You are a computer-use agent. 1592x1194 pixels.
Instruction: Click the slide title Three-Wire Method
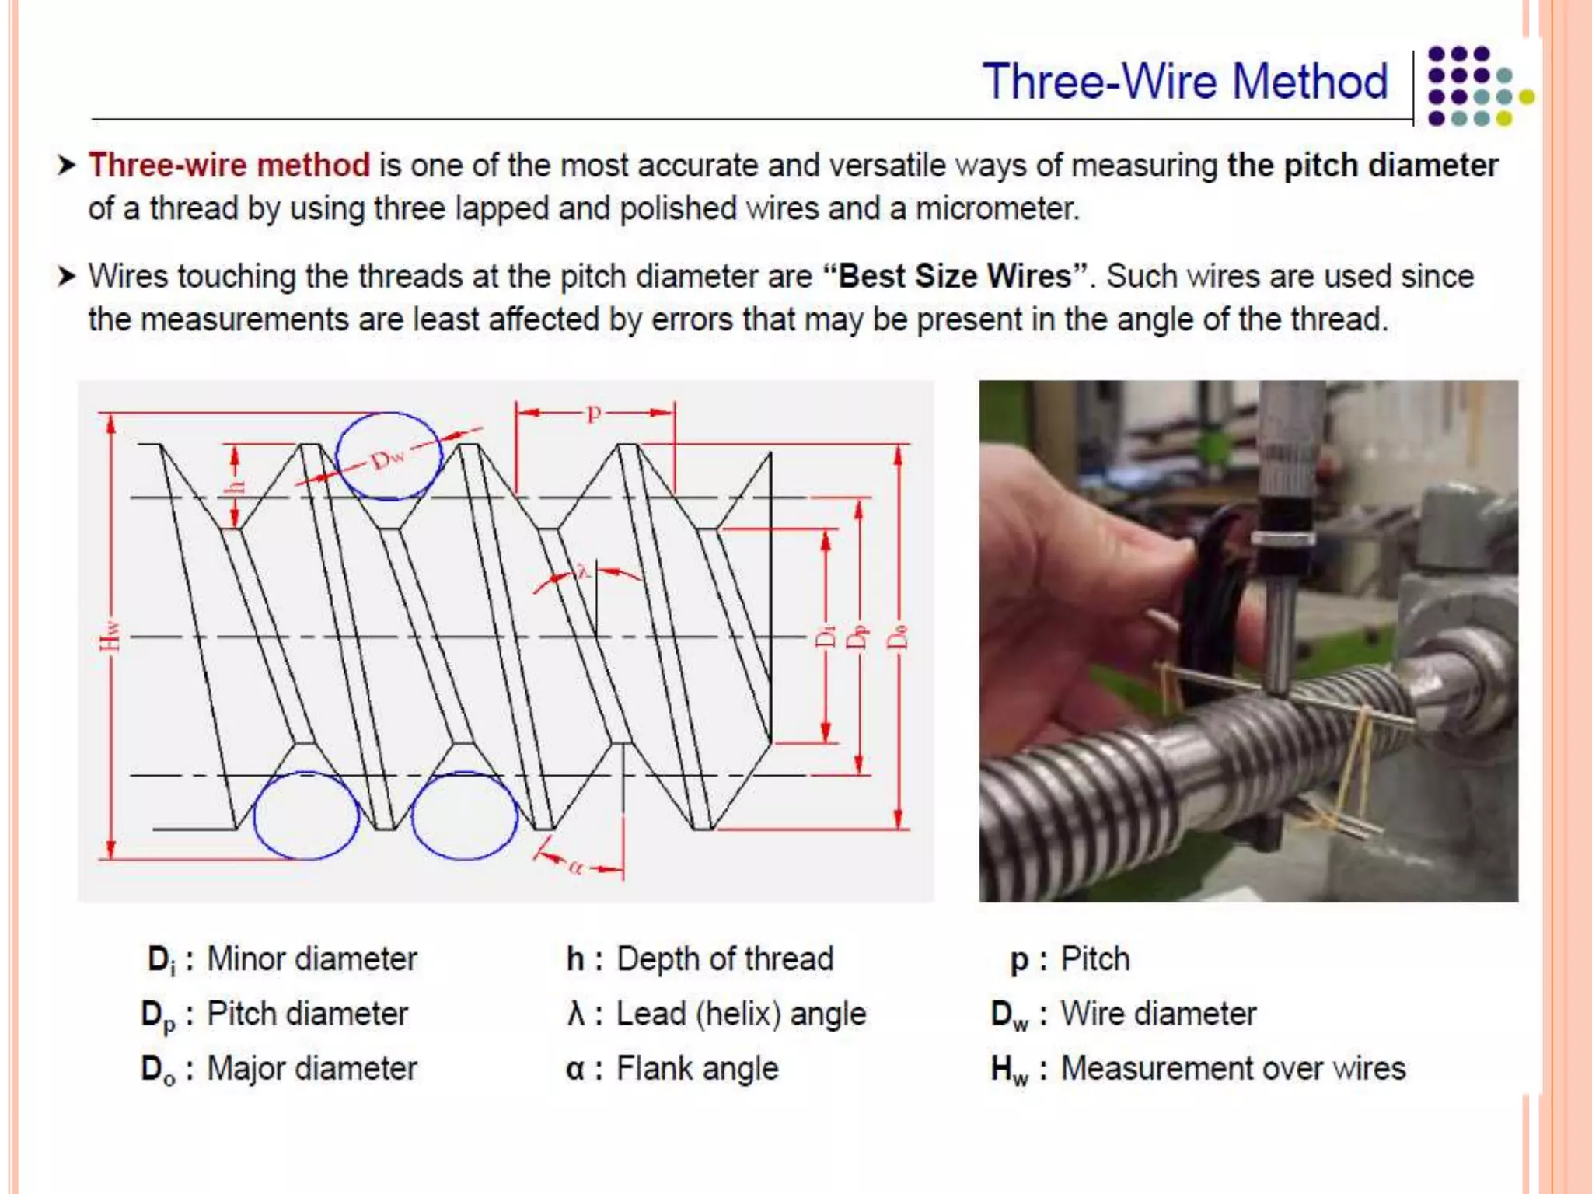(1185, 82)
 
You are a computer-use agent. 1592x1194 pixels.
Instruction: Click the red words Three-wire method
(229, 166)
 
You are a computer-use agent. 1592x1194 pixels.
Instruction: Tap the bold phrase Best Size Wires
(955, 277)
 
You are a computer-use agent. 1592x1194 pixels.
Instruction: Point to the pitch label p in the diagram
(594, 412)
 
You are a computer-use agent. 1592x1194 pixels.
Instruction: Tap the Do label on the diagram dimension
(898, 636)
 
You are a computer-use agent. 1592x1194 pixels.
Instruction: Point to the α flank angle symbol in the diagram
(575, 866)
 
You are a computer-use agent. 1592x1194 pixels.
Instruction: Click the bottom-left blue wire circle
(306, 815)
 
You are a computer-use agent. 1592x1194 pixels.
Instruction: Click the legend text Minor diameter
(312, 958)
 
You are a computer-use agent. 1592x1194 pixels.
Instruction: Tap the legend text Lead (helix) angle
(741, 1014)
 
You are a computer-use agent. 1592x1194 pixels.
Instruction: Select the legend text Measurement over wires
(1233, 1068)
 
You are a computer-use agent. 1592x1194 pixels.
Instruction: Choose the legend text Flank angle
(697, 1068)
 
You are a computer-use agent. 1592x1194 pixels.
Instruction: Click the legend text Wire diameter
(1158, 1014)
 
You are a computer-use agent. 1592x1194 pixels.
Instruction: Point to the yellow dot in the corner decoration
(1526, 96)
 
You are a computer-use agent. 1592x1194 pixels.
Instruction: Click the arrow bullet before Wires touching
(67, 276)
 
